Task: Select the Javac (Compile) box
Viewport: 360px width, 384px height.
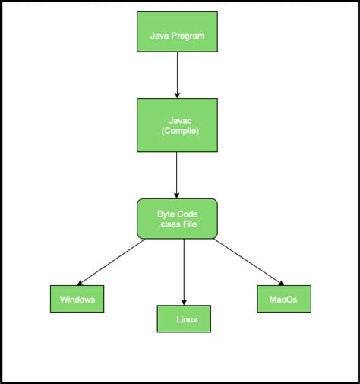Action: (177, 125)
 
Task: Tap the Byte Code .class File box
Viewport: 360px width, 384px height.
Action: (177, 218)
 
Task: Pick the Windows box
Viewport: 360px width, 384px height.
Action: (77, 299)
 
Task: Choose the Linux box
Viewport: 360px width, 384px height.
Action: (184, 319)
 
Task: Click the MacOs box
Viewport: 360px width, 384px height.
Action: (283, 298)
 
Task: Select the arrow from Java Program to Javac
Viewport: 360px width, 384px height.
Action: (177, 76)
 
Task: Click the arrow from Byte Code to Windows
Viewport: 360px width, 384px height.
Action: (110, 262)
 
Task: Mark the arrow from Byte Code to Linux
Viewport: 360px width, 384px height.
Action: (184, 270)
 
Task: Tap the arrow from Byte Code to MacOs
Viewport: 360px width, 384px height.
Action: (249, 262)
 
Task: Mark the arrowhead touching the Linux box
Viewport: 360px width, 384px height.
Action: (184, 302)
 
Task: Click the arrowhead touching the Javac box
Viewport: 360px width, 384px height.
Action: (177, 94)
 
